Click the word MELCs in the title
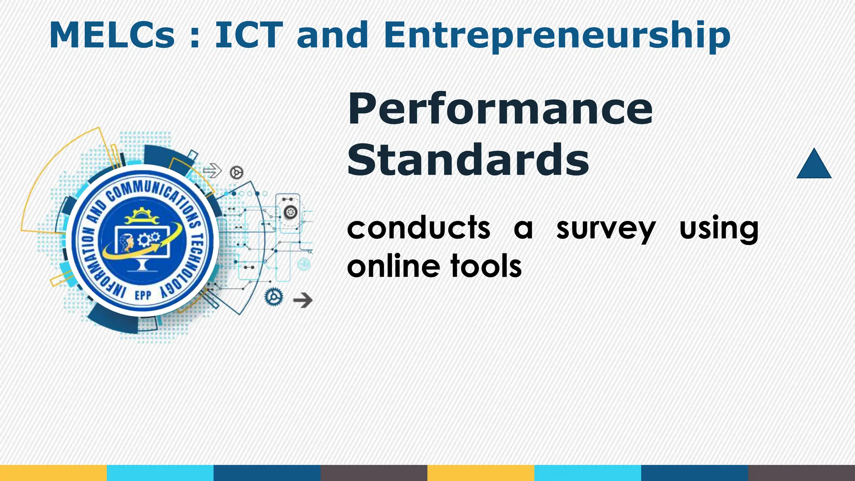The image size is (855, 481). click(112, 35)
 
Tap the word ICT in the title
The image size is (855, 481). click(249, 35)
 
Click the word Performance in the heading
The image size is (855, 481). click(500, 109)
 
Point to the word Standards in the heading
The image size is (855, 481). click(468, 160)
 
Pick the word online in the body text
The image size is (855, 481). click(393, 266)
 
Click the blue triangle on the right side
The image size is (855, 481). click(814, 165)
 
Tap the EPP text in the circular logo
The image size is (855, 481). click(143, 295)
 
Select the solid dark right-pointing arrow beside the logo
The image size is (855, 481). click(303, 300)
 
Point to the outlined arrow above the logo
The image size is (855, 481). click(212, 170)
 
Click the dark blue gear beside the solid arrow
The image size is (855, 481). click(274, 297)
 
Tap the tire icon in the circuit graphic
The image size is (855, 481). click(290, 212)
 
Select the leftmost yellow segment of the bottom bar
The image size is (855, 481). click(53, 473)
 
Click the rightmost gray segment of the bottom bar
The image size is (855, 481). click(802, 473)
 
